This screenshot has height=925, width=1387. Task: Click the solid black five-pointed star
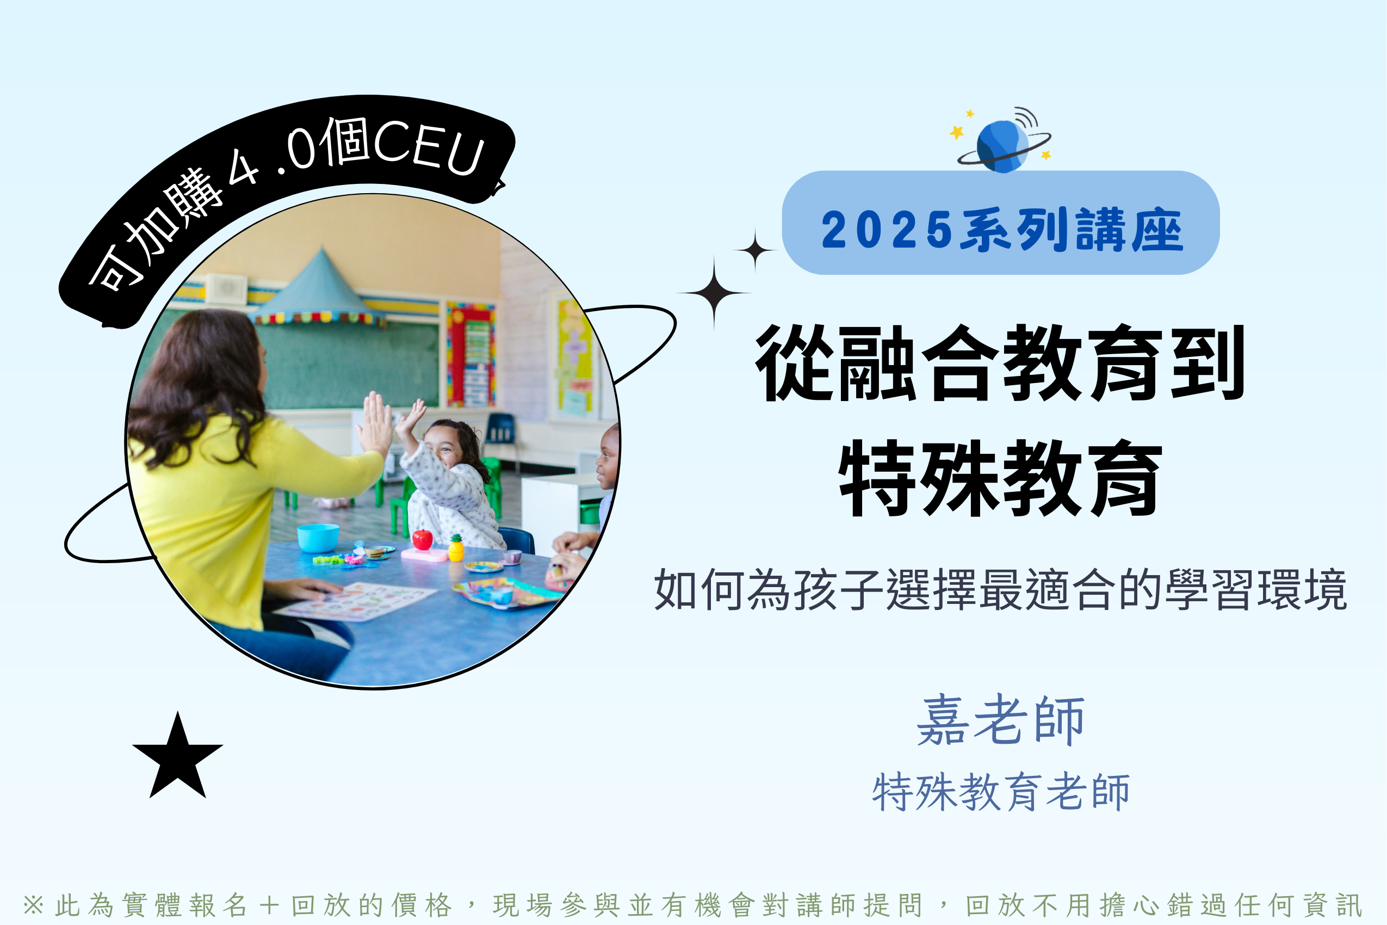coord(177,758)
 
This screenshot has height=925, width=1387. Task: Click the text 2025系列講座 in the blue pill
coord(1002,230)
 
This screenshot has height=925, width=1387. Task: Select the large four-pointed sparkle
coord(714,293)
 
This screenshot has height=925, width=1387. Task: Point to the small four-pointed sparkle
coord(755,250)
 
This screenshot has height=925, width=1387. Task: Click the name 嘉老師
coord(1001,720)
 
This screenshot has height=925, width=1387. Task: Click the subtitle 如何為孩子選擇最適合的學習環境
coord(1001,589)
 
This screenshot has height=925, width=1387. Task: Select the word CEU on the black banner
coord(429,146)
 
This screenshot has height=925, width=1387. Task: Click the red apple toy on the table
coord(422,539)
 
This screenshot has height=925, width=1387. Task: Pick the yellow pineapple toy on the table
coord(456,548)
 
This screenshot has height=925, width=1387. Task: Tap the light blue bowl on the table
coord(318,538)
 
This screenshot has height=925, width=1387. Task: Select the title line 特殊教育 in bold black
coord(1001,478)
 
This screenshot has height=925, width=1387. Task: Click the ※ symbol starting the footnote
coord(34,905)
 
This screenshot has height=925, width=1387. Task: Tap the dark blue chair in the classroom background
coord(500,429)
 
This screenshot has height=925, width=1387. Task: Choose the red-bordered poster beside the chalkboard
coord(471,355)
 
